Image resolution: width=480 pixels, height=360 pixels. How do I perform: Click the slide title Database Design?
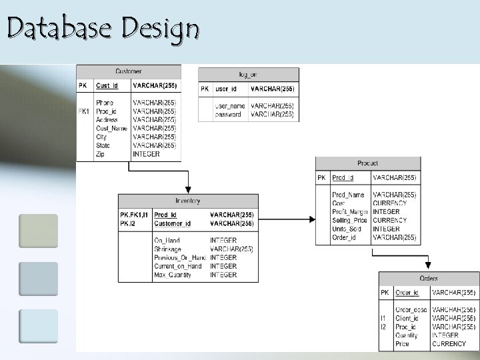[x=103, y=29]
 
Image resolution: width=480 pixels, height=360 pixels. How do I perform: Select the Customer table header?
[x=129, y=71]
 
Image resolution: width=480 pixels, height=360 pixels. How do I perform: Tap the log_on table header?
[x=248, y=74]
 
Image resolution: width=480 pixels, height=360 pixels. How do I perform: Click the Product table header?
[x=367, y=163]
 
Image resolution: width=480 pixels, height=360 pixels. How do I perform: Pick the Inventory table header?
[x=188, y=201]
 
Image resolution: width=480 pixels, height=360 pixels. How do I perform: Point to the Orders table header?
[x=429, y=278]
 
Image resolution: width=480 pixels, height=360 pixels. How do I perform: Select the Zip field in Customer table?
[x=101, y=154]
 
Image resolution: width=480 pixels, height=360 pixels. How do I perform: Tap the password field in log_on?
[x=228, y=115]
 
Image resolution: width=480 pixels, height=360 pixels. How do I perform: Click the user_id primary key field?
[x=225, y=89]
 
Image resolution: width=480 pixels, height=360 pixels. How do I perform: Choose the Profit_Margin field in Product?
[x=349, y=212]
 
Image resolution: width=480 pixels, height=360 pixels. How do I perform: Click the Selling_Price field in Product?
[x=349, y=221]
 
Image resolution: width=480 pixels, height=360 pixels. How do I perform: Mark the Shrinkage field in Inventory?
[x=169, y=249]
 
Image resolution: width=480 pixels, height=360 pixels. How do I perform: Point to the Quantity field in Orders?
[x=407, y=335]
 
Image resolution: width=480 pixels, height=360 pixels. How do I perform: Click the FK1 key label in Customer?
[x=84, y=111]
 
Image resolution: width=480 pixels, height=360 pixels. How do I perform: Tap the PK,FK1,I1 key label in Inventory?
[x=134, y=215]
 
